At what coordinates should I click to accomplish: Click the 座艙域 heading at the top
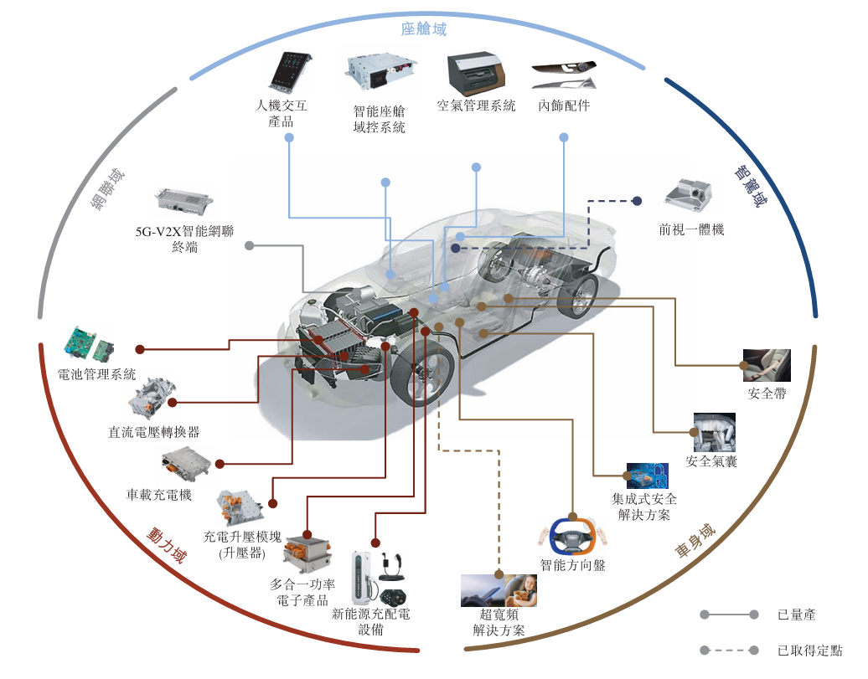click(x=423, y=30)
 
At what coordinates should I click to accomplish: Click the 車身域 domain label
click(x=695, y=542)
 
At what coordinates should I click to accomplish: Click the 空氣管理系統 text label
click(x=476, y=106)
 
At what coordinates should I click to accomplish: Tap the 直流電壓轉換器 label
click(x=153, y=432)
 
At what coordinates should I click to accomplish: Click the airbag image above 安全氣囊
click(x=714, y=433)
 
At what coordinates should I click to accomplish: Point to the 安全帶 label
click(x=766, y=394)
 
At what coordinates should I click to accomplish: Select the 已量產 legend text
click(x=796, y=615)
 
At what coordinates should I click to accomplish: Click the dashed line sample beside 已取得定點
click(x=729, y=651)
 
